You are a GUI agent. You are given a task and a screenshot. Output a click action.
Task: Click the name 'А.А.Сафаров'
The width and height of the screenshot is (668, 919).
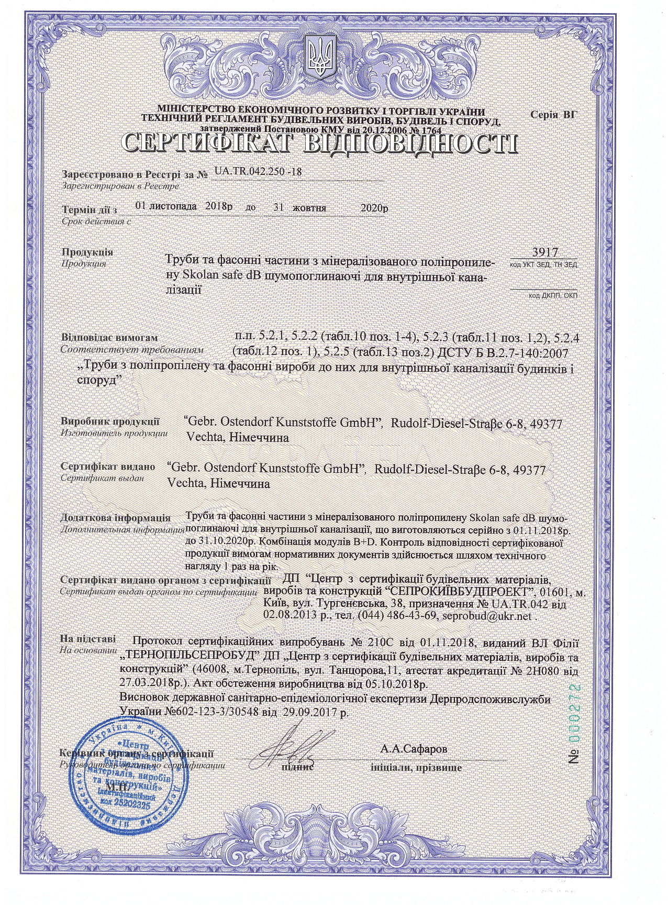coord(414,749)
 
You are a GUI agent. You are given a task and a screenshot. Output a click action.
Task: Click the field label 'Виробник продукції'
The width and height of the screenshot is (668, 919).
coord(110,422)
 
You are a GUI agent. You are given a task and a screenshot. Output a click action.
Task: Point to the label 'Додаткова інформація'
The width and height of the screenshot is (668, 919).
coord(116,518)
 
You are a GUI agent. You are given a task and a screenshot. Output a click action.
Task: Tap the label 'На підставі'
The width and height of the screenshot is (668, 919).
coord(85,639)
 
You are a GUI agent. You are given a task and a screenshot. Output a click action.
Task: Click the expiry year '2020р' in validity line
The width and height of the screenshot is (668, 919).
coord(375,207)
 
